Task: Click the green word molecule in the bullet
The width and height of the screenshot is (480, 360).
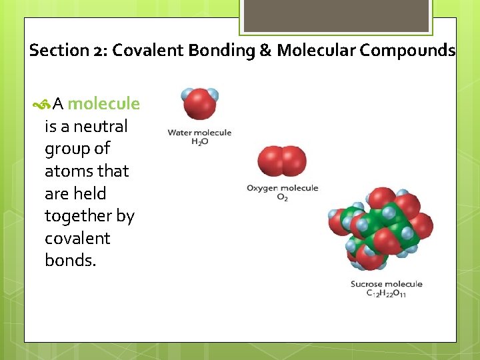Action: [x=103, y=104]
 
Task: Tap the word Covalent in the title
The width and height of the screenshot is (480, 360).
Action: [x=146, y=51]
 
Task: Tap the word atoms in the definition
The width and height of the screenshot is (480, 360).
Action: [x=65, y=171]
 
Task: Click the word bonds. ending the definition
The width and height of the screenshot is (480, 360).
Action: [x=70, y=261]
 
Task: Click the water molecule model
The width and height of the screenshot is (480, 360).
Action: [x=199, y=104]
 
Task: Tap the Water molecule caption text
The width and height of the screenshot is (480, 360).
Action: [x=199, y=133]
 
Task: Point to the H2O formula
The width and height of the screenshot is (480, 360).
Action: [x=199, y=142]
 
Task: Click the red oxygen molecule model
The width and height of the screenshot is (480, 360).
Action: [x=282, y=162]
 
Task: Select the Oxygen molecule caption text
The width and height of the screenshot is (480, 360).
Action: [x=282, y=189]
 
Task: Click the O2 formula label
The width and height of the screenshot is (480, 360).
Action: [x=282, y=198]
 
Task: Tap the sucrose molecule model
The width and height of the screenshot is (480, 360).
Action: [x=380, y=228]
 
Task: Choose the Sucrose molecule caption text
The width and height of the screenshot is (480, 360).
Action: [x=386, y=284]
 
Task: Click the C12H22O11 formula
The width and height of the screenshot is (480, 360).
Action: [x=386, y=294]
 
